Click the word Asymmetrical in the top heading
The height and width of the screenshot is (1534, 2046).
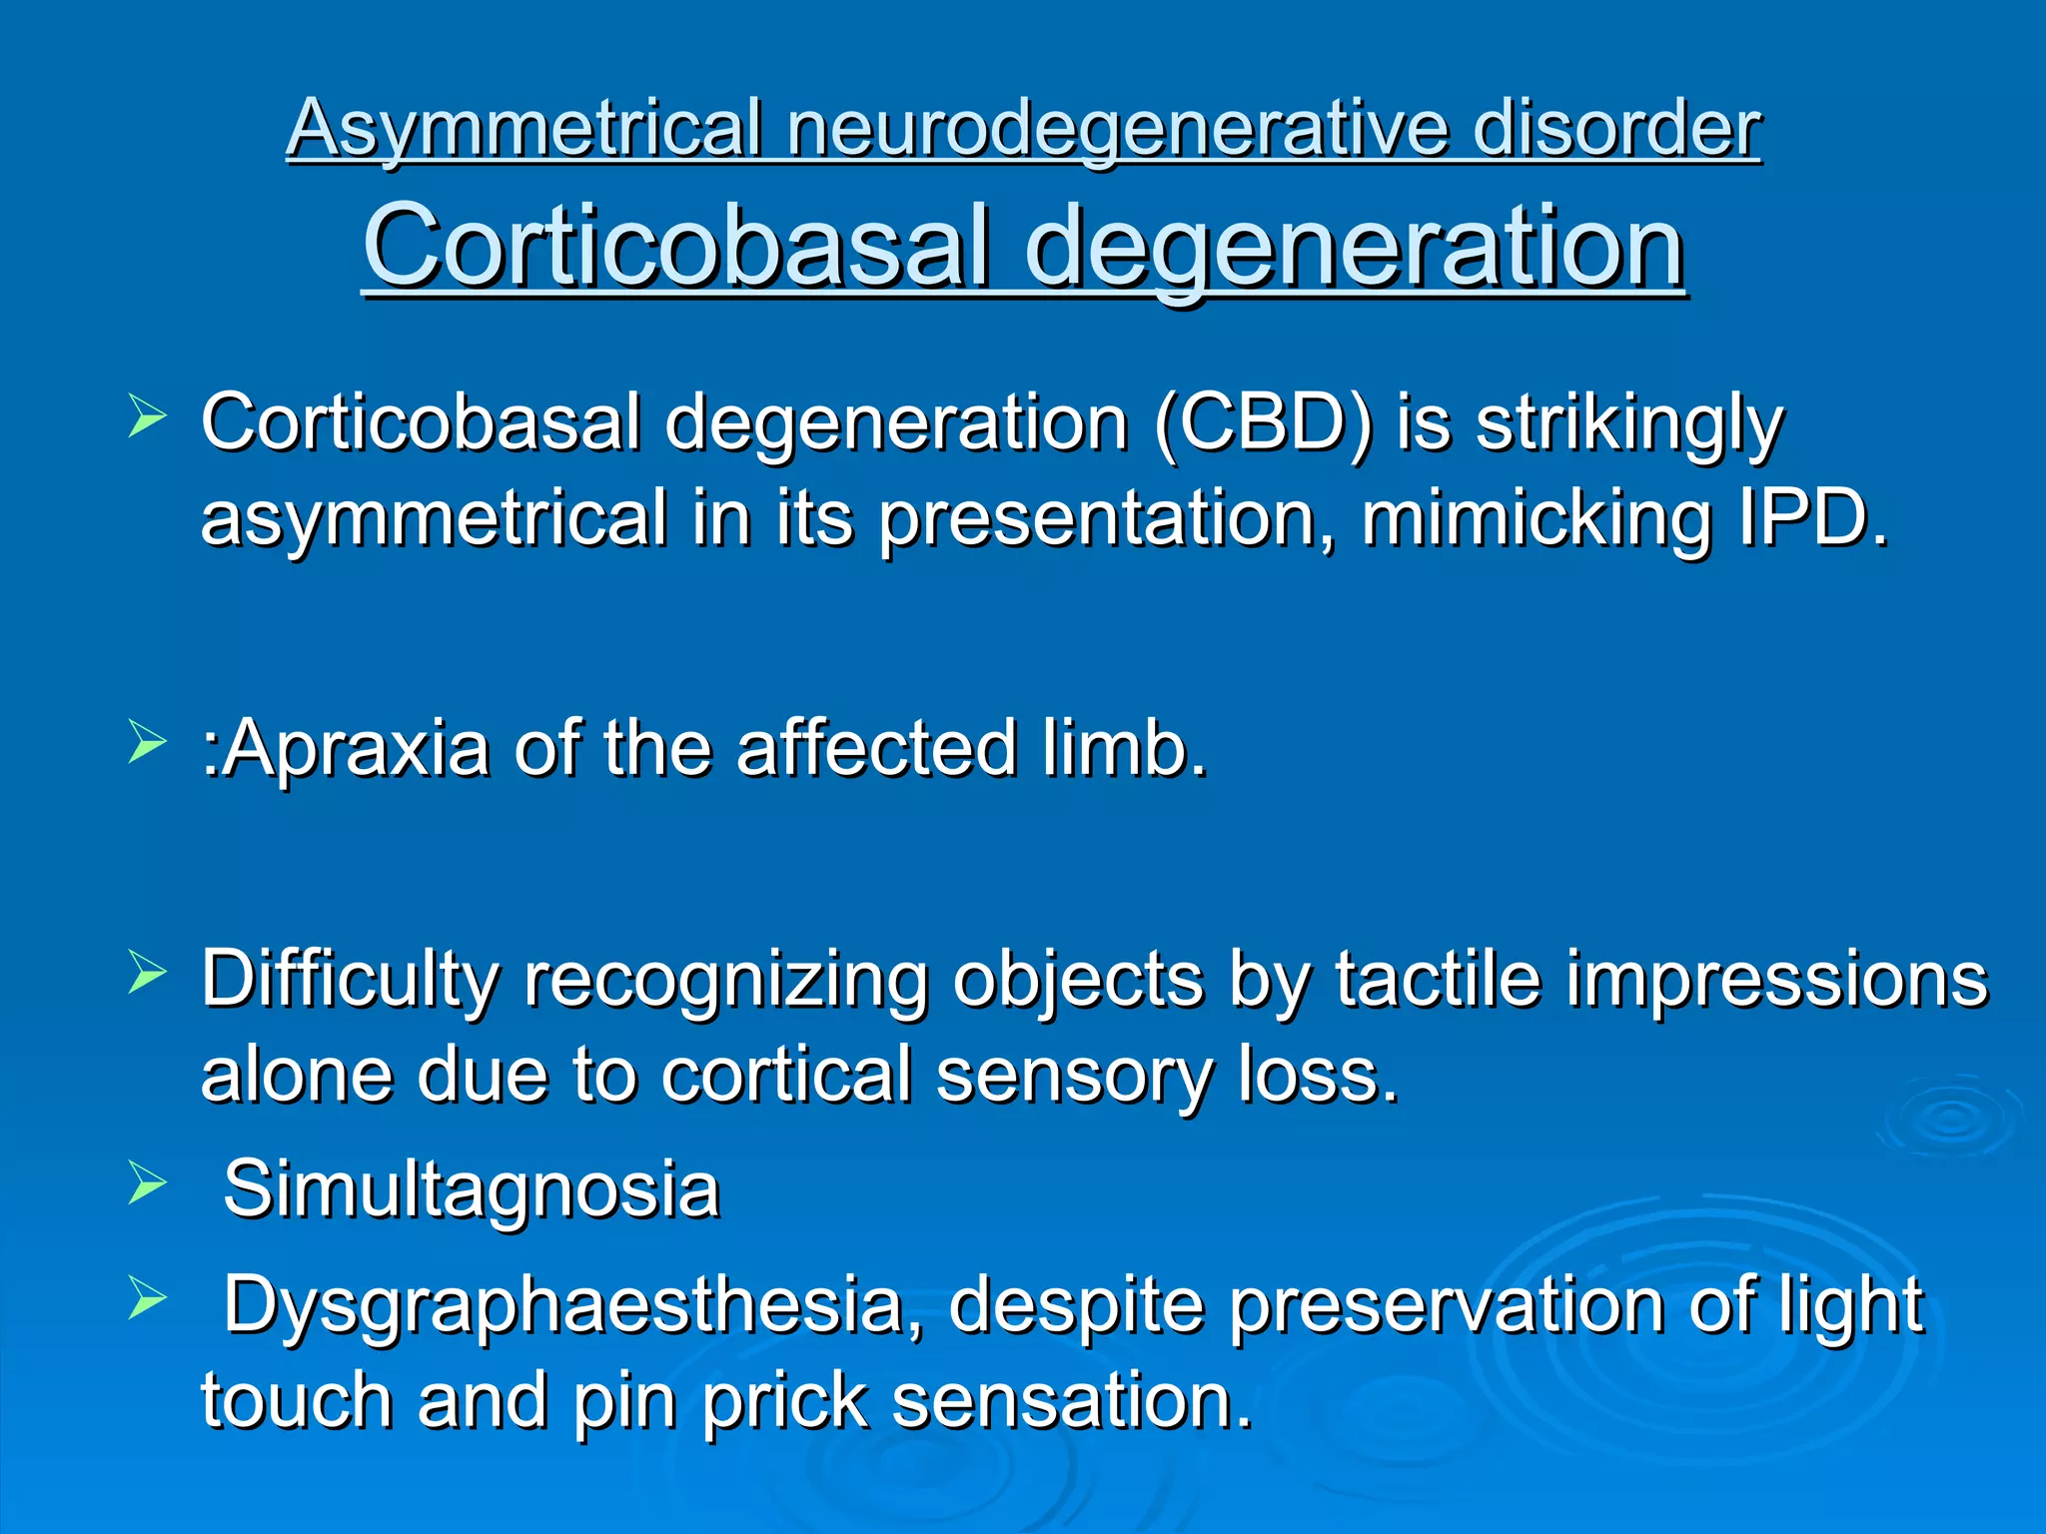523,130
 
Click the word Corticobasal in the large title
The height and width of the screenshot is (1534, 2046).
676,246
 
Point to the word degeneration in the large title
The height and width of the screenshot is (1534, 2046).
1355,246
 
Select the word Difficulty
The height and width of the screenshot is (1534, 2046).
350,979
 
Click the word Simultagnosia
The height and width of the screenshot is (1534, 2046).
471,1189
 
